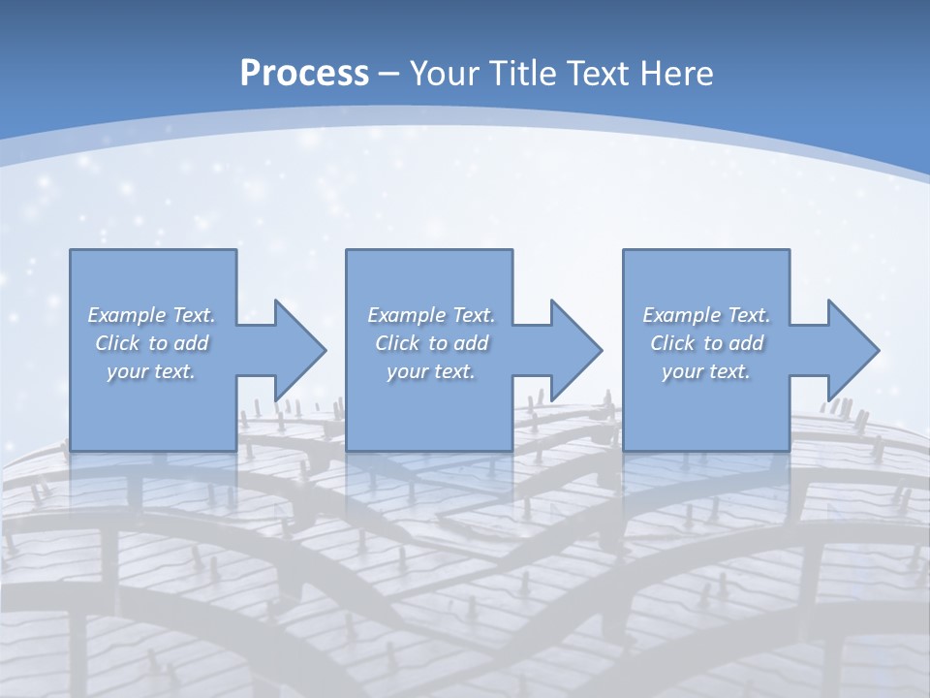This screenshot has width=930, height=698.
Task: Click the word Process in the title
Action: click(304, 74)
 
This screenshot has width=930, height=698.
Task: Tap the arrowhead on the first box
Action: click(299, 350)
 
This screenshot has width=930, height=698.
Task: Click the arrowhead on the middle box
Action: click(575, 350)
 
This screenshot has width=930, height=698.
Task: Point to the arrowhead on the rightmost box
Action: click(852, 350)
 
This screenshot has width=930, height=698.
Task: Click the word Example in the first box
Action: click(127, 315)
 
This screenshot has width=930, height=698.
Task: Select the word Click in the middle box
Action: click(397, 343)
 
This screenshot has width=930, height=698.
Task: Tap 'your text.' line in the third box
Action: click(706, 371)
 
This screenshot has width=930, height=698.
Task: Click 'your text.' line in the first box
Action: click(151, 371)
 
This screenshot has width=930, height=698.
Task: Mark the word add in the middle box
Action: click(471, 343)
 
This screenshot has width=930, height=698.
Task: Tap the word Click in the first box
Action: click(117, 343)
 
